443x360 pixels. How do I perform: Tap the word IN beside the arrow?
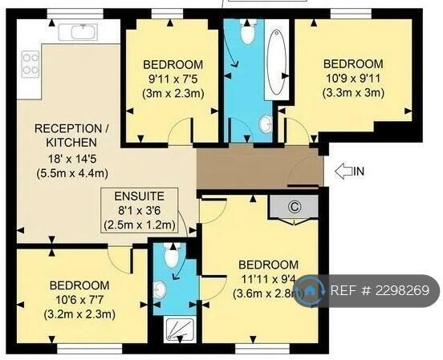click(x=359, y=170)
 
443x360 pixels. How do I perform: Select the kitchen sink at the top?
click(x=80, y=32)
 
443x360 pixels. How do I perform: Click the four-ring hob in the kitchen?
click(x=30, y=63)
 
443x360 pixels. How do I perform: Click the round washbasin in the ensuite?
click(x=160, y=289)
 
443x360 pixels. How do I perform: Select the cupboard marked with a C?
click(x=293, y=206)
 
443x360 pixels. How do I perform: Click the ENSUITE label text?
click(x=140, y=195)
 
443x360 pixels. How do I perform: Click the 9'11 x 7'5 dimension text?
click(x=173, y=79)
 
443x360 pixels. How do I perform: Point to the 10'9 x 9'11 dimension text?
click(x=353, y=79)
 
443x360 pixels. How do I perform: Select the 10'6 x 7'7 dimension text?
click(x=79, y=300)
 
